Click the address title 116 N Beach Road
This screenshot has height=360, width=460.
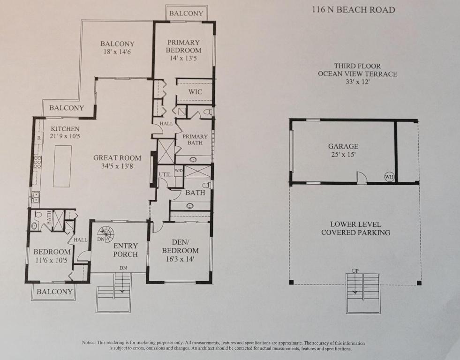coord(354,10)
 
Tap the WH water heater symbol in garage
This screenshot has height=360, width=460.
coord(389,177)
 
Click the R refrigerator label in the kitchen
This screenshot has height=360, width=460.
coord(39,138)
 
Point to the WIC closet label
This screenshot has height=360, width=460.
coord(195,92)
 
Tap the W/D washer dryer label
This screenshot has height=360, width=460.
coord(179,170)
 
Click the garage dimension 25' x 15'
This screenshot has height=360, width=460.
coord(343,155)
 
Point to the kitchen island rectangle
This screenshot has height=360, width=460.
coord(62,166)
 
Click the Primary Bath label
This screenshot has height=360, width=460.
coord(195,139)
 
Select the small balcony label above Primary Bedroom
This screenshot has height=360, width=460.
coord(186,13)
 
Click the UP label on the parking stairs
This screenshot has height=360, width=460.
coord(355,271)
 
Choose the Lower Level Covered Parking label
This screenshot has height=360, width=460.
coord(355,228)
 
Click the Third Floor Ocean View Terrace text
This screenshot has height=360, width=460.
coord(357,74)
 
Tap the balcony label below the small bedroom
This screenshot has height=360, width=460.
coord(55,292)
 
